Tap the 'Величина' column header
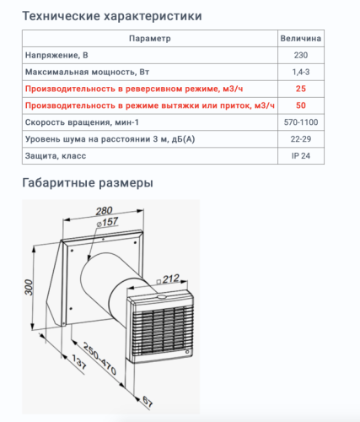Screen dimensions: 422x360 [x=301, y=39]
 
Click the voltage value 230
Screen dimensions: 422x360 [x=301, y=56]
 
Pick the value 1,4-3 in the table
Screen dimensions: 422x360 [x=301, y=72]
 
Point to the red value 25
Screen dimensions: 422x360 [x=301, y=89]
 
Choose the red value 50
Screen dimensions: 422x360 [x=301, y=105]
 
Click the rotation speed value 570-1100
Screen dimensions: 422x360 [x=301, y=122]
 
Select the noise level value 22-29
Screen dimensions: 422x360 [x=301, y=139]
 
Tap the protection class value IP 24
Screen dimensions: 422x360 [x=301, y=156]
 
